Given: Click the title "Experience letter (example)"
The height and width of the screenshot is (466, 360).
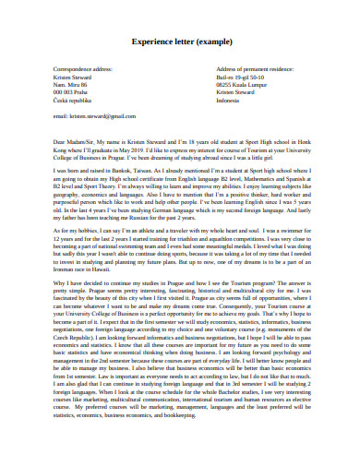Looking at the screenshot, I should pyautogui.click(x=180, y=42).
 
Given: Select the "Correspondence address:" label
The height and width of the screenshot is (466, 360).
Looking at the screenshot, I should pyautogui.click(x=87, y=70).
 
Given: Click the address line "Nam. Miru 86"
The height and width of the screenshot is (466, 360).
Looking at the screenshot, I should pyautogui.click(x=75, y=85).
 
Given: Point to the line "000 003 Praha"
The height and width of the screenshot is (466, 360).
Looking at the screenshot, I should pyautogui.click(x=76, y=93).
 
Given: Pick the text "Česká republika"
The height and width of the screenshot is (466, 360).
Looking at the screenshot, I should pyautogui.click(x=78, y=101).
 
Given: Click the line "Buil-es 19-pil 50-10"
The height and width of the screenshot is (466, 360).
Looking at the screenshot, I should pyautogui.click(x=242, y=78).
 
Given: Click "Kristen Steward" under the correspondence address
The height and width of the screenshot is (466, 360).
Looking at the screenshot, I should pyautogui.click(x=78, y=78).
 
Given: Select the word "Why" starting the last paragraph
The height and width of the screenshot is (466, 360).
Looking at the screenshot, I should pyautogui.click(x=60, y=257).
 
